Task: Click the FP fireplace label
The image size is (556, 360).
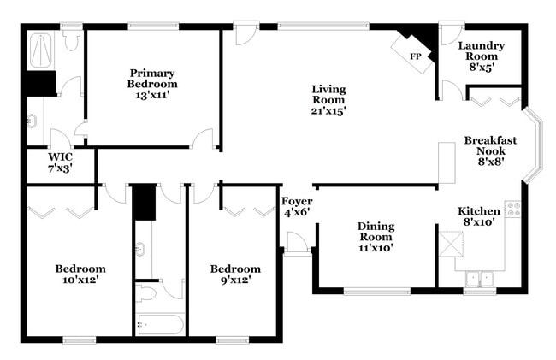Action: pyautogui.click(x=416, y=56)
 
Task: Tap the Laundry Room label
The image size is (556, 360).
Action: pyautogui.click(x=481, y=55)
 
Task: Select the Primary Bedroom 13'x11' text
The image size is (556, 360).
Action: pyautogui.click(x=153, y=84)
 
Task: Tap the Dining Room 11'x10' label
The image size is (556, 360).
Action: pyautogui.click(x=376, y=237)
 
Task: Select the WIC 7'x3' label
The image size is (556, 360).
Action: pyautogui.click(x=61, y=162)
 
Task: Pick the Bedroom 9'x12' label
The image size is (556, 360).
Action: pyautogui.click(x=235, y=274)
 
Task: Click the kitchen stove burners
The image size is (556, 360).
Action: pyautogui.click(x=513, y=209)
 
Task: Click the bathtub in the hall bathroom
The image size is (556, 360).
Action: pyautogui.click(x=160, y=325)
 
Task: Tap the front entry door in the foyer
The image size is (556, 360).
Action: pyautogui.click(x=297, y=244)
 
